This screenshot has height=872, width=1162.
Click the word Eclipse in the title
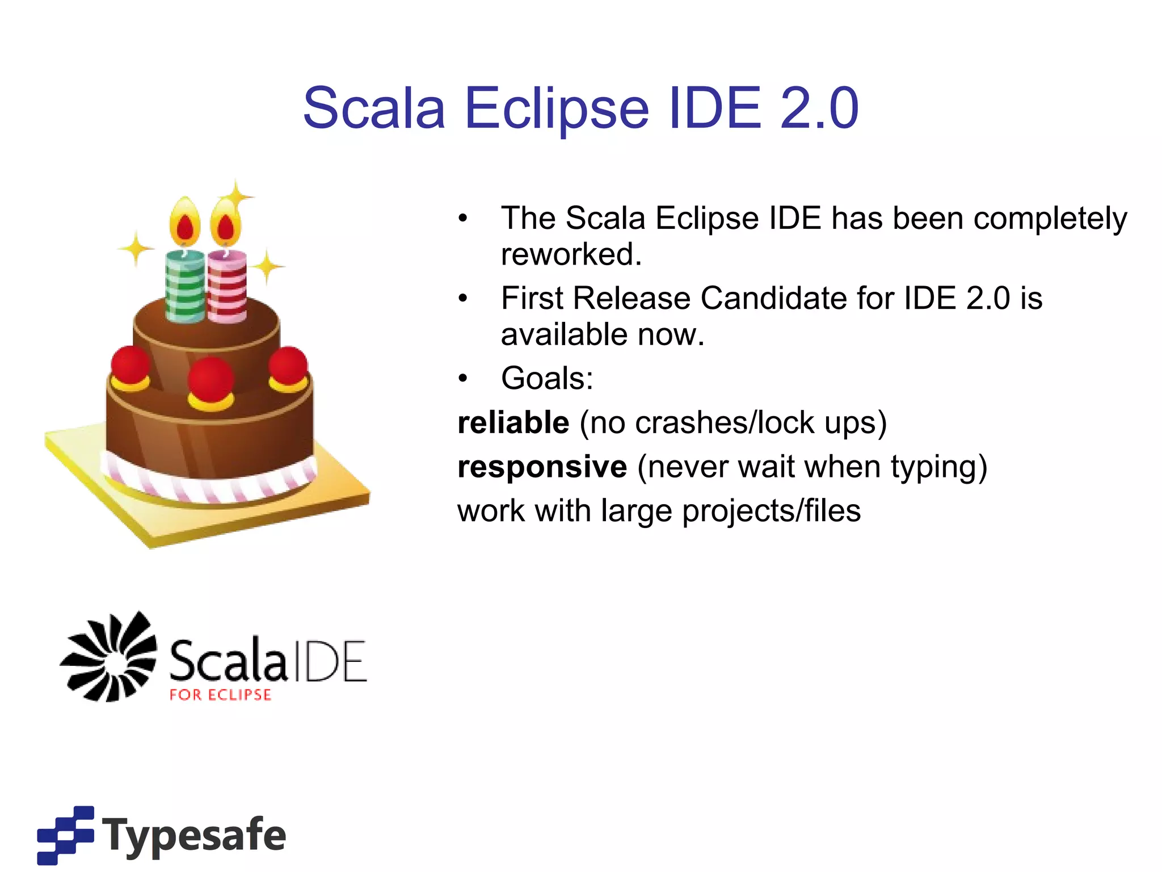pyautogui.click(x=556, y=108)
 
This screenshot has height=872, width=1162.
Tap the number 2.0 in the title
pyautogui.click(x=819, y=108)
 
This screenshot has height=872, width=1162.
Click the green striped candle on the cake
pyautogui.click(x=185, y=287)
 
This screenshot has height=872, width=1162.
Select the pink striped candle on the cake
pyautogui.click(x=227, y=287)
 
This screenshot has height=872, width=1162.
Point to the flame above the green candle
pyautogui.click(x=185, y=223)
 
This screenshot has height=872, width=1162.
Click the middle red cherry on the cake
pyautogui.click(x=210, y=379)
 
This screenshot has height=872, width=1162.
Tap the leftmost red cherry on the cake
pyautogui.click(x=131, y=365)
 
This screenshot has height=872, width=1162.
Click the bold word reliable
pyautogui.click(x=513, y=423)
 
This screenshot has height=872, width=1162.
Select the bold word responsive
pyautogui.click(x=542, y=467)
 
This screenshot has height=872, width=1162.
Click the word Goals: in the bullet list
pyautogui.click(x=547, y=379)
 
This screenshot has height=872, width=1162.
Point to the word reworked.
pyautogui.click(x=571, y=254)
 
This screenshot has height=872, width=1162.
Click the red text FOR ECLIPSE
pyautogui.click(x=221, y=695)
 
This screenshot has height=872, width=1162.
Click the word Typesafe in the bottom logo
pyautogui.click(x=194, y=835)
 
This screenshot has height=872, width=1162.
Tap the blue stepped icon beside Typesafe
pyautogui.click(x=65, y=835)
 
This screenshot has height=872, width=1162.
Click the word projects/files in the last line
pyautogui.click(x=771, y=511)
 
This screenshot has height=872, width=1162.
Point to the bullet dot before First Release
pyautogui.click(x=463, y=299)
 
